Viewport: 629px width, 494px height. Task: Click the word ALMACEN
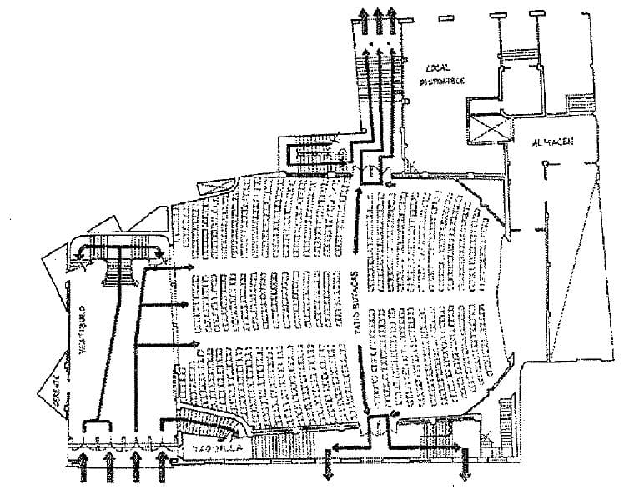552,142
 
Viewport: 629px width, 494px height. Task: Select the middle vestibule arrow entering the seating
171,306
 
